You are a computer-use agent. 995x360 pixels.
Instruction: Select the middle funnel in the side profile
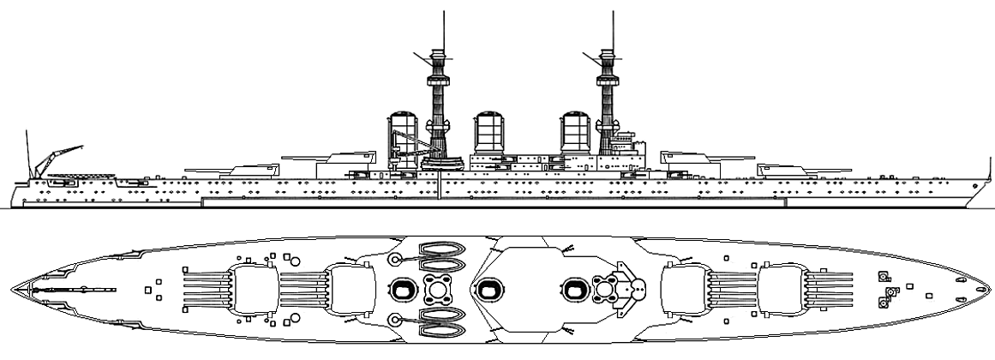(488, 134)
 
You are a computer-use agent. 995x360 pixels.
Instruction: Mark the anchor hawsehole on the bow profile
(959, 186)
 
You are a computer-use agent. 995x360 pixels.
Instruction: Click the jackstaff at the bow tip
(977, 183)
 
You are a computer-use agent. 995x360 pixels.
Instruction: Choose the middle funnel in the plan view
(489, 290)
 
